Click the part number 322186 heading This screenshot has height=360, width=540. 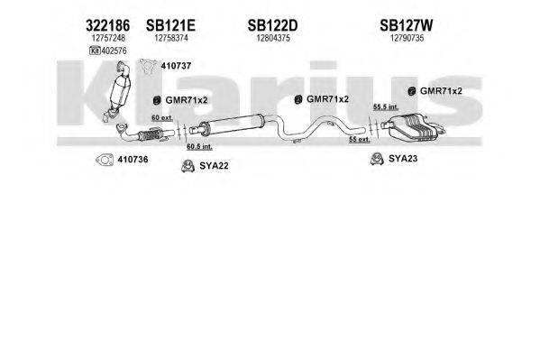pos(107,25)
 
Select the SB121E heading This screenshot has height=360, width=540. pos(170,25)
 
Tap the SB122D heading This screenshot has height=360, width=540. pos(273,25)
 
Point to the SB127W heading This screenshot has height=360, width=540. pos(407,25)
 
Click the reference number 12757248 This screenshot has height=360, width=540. pos(108,38)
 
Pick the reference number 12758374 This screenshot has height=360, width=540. pos(171,38)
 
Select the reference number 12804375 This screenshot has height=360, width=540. pos(273,38)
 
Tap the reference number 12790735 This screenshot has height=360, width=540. pos(407,38)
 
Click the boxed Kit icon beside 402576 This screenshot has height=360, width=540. pos(95,51)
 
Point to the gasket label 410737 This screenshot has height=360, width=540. pos(176,66)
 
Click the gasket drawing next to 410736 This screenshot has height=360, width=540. pos(105,160)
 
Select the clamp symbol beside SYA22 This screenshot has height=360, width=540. pos(188,166)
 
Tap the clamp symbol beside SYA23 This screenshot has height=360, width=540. pos(377,159)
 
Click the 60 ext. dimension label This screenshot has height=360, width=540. pos(162,117)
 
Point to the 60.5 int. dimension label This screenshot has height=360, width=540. pos(199,146)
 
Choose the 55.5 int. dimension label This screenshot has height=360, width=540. pos(386,106)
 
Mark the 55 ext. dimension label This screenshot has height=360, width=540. pos(359,139)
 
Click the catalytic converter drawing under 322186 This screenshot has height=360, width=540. pos(117,91)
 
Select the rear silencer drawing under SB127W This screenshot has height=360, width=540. pos(413,127)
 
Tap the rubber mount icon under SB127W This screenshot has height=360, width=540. pos(411,91)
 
